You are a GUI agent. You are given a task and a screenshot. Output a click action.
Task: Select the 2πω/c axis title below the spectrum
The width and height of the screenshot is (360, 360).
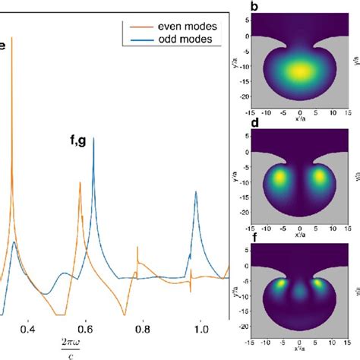tap(72, 349)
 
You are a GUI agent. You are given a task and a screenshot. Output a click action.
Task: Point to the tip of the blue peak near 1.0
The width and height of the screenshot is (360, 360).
tap(197, 191)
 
